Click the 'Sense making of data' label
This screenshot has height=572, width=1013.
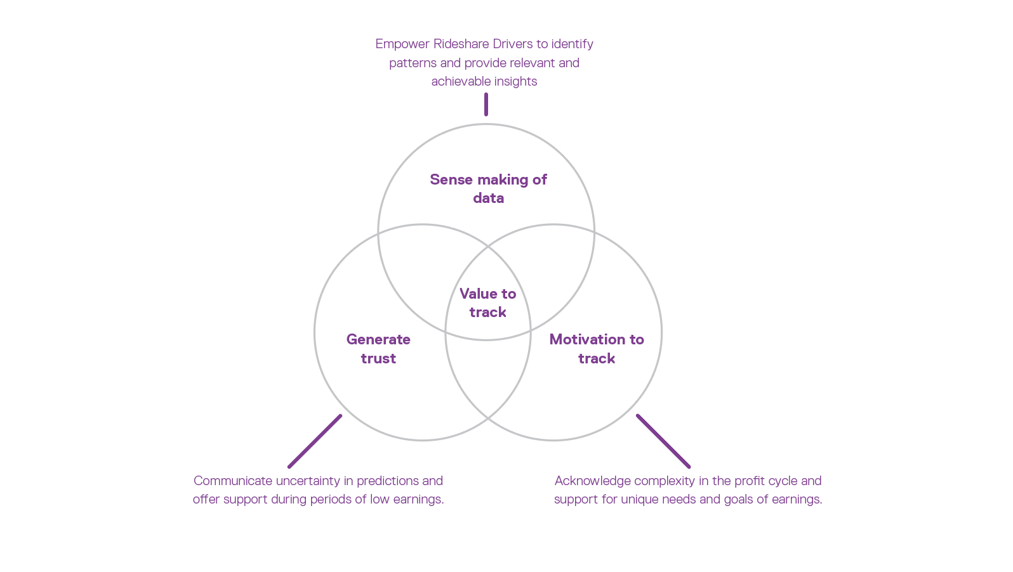[488, 188]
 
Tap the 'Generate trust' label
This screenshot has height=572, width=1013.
[378, 349]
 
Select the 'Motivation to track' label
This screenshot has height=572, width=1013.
[597, 349]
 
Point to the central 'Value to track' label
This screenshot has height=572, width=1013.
[487, 302]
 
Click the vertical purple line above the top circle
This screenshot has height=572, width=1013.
[486, 105]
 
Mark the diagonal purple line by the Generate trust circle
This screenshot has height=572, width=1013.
[315, 441]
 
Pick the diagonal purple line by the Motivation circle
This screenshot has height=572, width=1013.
[663, 441]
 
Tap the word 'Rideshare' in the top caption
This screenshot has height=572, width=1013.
[458, 44]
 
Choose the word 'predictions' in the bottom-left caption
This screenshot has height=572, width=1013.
[387, 481]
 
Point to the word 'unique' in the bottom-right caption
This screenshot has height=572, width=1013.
[639, 500]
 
